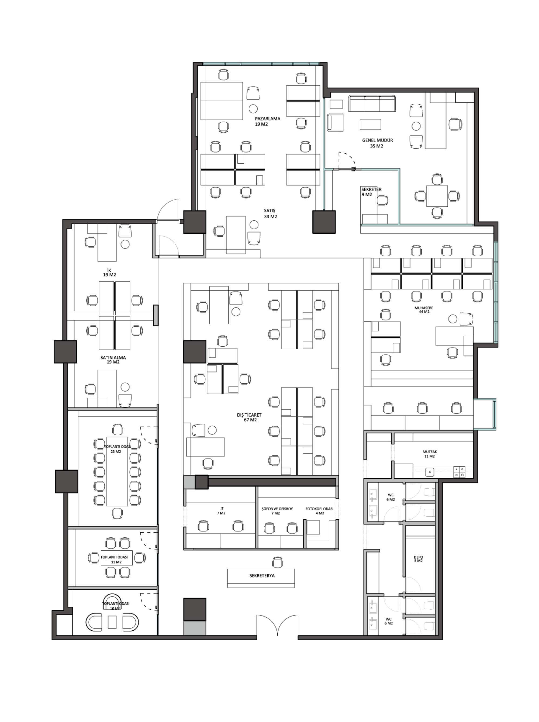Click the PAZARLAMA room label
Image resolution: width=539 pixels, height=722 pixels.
[268, 119]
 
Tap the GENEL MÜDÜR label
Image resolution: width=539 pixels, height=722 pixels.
[378, 140]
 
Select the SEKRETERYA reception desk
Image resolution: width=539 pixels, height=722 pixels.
[261, 578]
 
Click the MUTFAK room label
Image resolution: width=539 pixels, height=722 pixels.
[430, 452]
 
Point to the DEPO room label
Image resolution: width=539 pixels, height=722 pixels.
[418, 557]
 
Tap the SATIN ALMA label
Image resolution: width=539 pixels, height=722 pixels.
[113, 358]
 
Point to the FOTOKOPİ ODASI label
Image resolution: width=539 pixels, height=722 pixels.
[319, 509]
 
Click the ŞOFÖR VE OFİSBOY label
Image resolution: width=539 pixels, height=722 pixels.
[277, 509]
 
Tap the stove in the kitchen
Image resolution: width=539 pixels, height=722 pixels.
[460, 472]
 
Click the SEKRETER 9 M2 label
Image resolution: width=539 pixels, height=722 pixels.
[371, 192]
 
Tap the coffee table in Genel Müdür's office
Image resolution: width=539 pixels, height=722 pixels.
[370, 124]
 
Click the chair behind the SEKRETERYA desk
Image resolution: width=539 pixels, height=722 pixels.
[277, 562]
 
